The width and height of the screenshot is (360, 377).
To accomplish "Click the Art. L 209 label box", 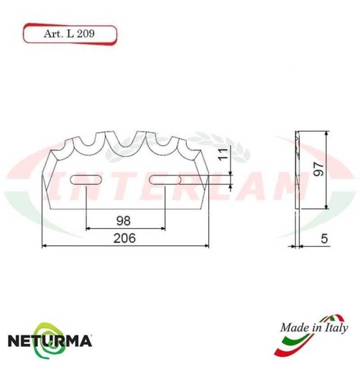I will pyautogui.click(x=69, y=33).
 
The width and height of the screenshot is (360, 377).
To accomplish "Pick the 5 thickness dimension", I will pyautogui.click(x=325, y=238).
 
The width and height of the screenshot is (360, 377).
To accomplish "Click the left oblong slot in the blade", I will pyautogui.click(x=86, y=180).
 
